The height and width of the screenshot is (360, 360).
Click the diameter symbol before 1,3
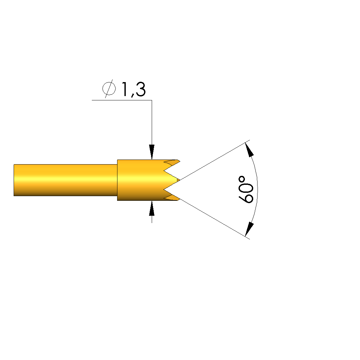pyautogui.click(x=109, y=89)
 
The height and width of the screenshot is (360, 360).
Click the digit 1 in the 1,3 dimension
pyautogui.click(x=125, y=89)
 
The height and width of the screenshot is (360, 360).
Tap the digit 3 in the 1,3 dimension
pyautogui.click(x=141, y=89)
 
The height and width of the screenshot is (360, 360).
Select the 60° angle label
pyautogui.click(x=246, y=189)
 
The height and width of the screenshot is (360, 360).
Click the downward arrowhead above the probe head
pyautogui.click(x=152, y=152)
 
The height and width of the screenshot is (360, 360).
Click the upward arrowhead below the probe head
pyautogui.click(x=152, y=208)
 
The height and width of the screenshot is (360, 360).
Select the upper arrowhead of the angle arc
pyautogui.click(x=250, y=150)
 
